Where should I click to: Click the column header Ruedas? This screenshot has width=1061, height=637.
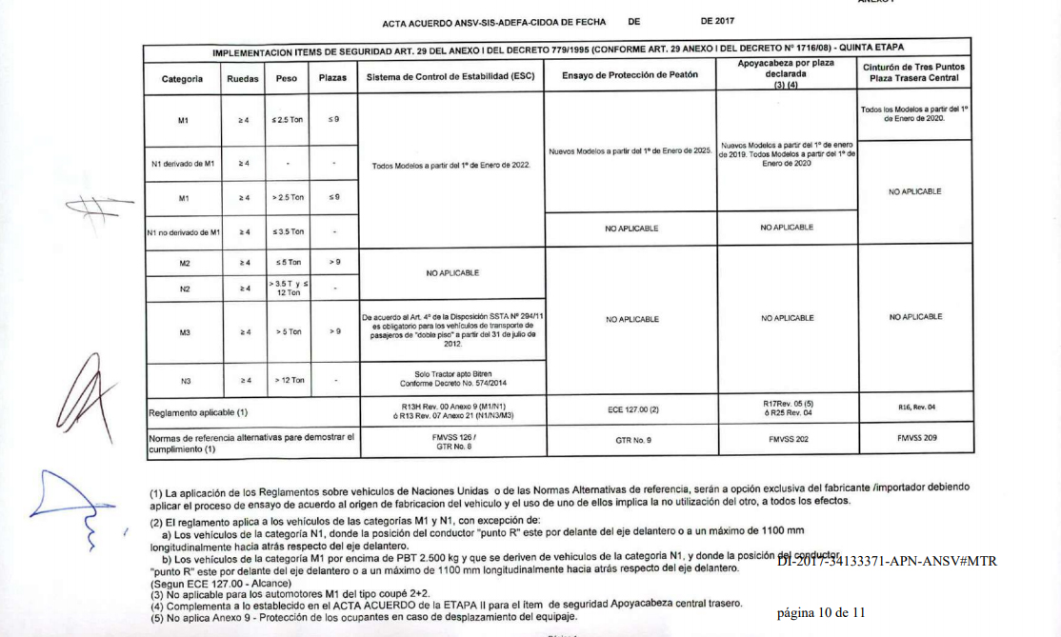(243, 78)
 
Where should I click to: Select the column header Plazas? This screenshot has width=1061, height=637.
(332, 78)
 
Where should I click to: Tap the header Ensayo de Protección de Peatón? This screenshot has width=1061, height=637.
(631, 74)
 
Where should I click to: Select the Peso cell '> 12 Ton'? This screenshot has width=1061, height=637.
(287, 380)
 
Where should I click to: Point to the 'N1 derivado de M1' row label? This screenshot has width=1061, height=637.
(183, 164)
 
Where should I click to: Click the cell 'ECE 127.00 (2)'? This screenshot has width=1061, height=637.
(631, 410)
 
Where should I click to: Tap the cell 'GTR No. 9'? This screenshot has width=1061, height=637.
(631, 442)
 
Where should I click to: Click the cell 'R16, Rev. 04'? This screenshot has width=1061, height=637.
(916, 408)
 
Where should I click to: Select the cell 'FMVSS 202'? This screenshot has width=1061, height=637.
(788, 441)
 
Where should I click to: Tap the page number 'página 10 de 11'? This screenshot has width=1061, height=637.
(821, 612)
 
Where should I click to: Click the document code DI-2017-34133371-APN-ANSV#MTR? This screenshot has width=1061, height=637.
(886, 561)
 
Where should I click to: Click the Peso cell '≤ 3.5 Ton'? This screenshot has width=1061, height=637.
(287, 231)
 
